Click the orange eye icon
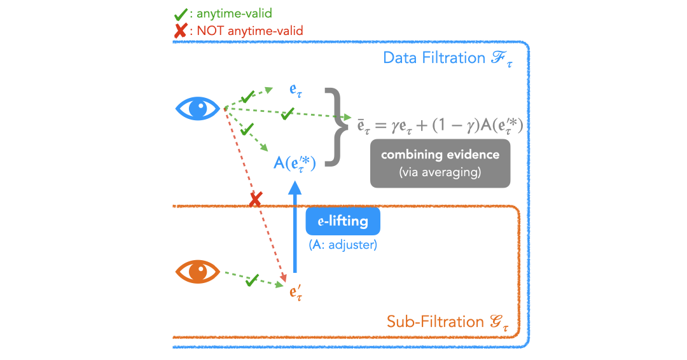[198, 272]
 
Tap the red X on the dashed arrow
[255, 200]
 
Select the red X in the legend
[180, 30]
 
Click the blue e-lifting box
[343, 221]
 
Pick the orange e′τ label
[296, 293]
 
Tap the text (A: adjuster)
[343, 245]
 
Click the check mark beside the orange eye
[251, 279]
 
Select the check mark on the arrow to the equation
[288, 113]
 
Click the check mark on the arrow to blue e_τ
[247, 96]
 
